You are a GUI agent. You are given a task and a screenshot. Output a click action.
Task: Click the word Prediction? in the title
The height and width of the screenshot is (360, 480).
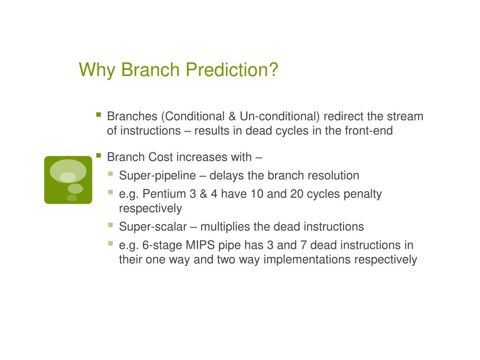pos(232,69)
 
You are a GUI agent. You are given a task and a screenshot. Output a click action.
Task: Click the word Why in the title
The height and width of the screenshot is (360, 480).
pos(97,70)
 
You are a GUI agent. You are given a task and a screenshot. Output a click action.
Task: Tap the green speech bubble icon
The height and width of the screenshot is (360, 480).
pos(68,180)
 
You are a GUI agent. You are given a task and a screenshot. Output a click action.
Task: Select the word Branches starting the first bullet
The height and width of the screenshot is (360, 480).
pos(132,116)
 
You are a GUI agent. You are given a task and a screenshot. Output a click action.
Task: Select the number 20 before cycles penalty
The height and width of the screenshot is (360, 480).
pos(297,194)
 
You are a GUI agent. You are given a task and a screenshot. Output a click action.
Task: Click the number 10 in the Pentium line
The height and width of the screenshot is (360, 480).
pos(257,194)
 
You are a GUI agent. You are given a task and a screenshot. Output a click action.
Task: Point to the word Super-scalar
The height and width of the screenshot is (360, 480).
pos(153,227)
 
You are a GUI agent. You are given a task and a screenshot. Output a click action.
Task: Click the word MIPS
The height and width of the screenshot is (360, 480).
pos(200,245)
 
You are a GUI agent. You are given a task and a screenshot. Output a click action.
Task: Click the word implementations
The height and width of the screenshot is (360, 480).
pos(307,260)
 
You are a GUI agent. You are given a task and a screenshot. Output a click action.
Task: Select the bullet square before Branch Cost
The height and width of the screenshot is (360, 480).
pos(98,155)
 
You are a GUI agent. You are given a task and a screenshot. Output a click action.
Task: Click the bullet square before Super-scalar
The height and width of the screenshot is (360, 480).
pos(111,225)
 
